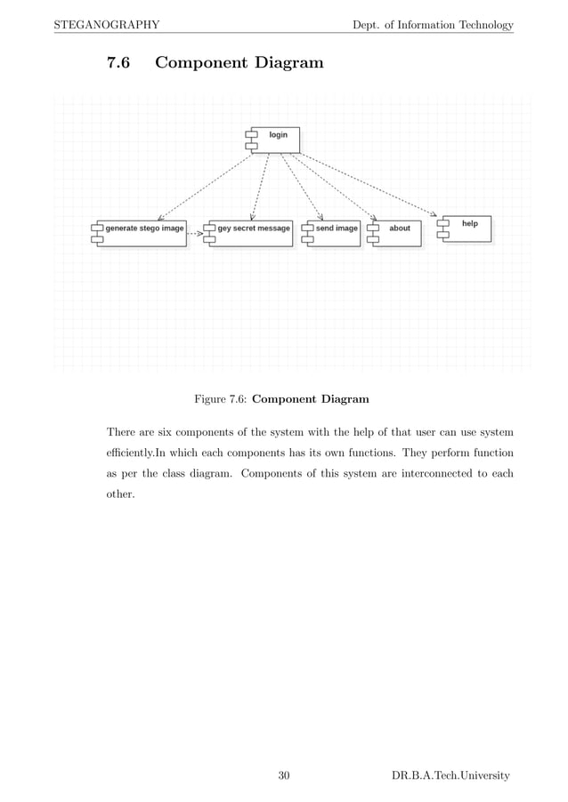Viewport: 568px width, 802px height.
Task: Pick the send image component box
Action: (334, 233)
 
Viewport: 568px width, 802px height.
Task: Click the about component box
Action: (396, 233)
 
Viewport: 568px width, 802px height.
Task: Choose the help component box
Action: (466, 229)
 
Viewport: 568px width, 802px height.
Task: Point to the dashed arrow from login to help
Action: (374, 185)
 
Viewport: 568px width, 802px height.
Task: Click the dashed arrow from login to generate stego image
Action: (205, 185)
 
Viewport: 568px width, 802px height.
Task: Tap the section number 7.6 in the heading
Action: (118, 63)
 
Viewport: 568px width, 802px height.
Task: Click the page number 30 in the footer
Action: (284, 776)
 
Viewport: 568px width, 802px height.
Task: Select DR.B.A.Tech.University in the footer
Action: (450, 776)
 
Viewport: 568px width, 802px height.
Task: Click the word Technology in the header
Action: (482, 24)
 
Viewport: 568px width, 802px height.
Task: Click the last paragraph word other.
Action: (120, 493)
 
